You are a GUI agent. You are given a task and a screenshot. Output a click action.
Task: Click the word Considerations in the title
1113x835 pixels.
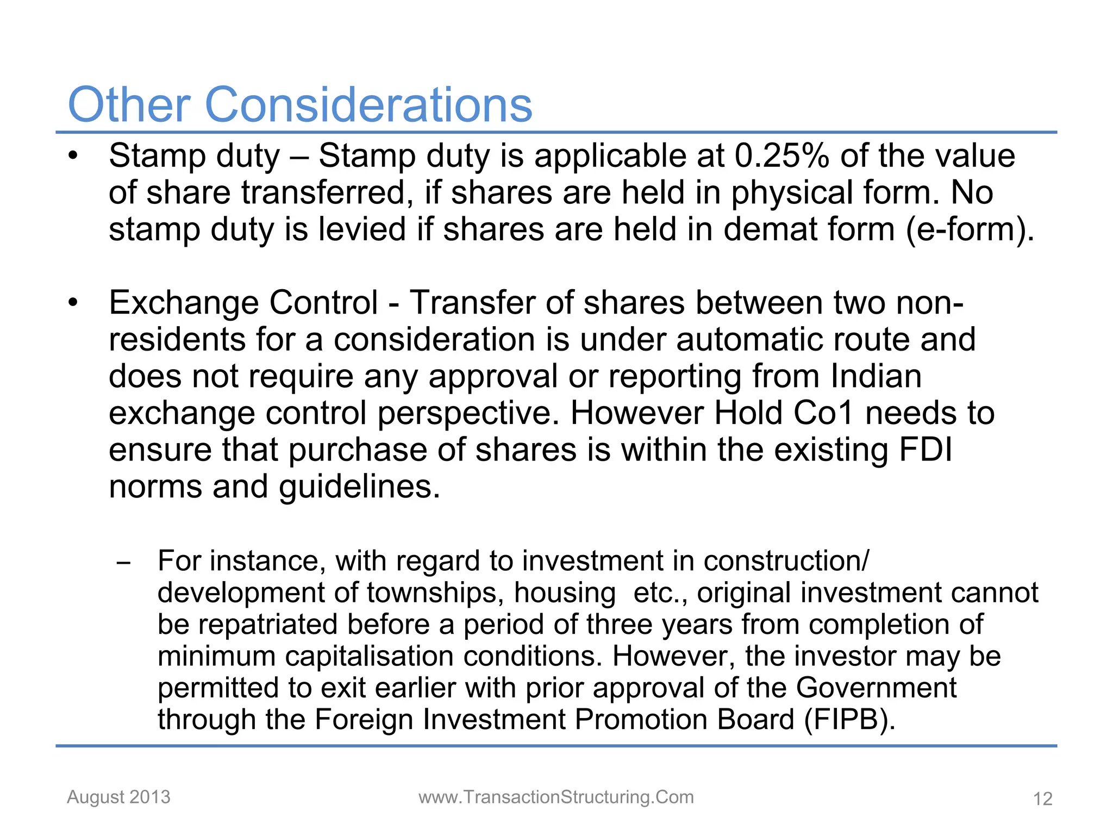click(369, 105)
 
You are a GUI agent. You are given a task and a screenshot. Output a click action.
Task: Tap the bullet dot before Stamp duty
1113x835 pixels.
click(73, 156)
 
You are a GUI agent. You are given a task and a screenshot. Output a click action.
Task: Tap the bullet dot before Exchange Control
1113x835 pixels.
click(73, 303)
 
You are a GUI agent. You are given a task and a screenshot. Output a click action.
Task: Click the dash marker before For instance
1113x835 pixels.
click(124, 563)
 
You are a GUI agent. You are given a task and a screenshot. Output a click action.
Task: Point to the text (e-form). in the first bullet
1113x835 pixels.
click(970, 229)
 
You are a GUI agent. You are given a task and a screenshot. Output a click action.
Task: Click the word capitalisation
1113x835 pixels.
click(370, 656)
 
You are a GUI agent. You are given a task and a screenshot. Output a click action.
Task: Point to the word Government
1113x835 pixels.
click(876, 688)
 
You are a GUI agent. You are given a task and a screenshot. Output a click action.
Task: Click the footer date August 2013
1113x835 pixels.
click(118, 797)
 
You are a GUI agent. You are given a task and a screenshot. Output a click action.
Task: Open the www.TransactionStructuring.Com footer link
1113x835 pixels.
click(556, 797)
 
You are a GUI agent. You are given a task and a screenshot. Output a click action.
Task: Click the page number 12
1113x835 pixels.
click(1042, 799)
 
